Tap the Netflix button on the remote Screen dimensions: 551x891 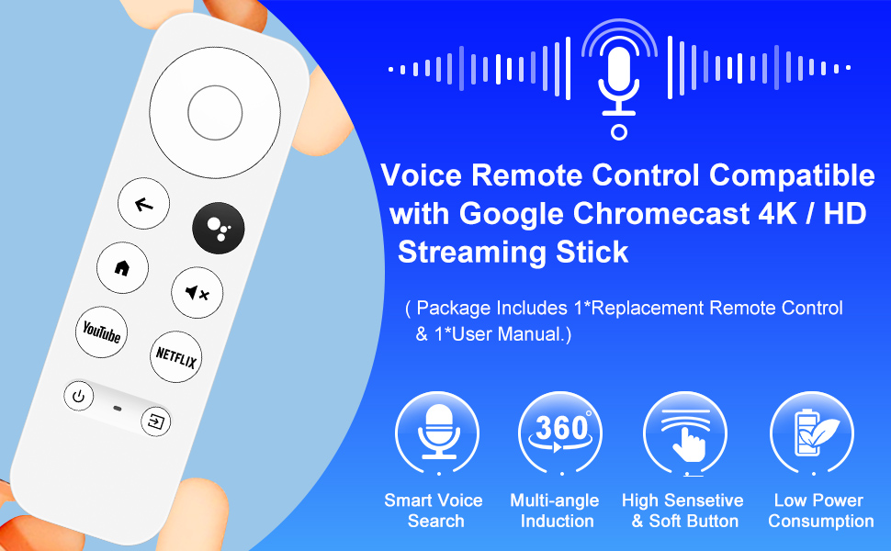tap(175, 356)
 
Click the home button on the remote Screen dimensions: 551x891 tap(121, 268)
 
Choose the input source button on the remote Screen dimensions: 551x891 tap(156, 422)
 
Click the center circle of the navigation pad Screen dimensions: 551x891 tap(214, 112)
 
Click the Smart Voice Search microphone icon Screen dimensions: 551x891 tap(436, 433)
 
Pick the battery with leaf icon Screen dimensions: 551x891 tap(810, 433)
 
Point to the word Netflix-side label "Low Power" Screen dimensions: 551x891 tap(818, 500)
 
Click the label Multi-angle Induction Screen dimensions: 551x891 tap(555, 511)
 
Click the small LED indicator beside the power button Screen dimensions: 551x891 tap(118, 407)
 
